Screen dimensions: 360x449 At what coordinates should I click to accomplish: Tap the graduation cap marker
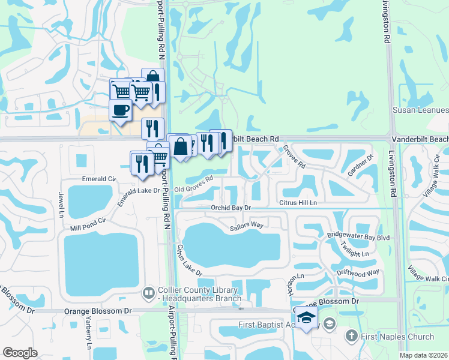pos(306,317)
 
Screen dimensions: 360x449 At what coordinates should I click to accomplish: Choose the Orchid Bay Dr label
pos(230,208)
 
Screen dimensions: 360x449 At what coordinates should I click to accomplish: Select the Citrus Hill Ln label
pos(298,203)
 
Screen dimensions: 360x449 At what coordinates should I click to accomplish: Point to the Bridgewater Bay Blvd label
pos(359,238)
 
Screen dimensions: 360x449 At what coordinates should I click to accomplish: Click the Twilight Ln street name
pos(354,253)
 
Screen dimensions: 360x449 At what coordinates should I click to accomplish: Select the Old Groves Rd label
pos(194,185)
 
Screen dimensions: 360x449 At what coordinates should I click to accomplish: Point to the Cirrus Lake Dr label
pos(189,260)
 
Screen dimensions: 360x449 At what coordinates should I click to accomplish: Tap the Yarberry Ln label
pos(88,338)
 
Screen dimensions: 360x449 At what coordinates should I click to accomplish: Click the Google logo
pos(20,352)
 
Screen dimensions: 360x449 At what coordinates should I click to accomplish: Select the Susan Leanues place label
pos(420,110)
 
